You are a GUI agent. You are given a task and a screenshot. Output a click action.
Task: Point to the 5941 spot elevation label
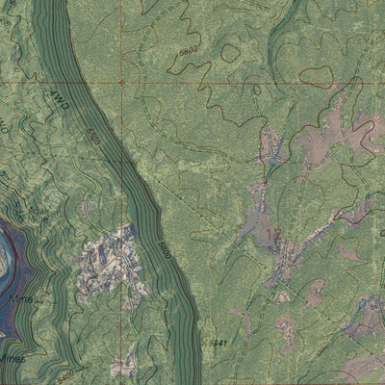[220, 343]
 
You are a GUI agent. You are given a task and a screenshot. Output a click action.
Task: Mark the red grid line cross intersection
[122, 84]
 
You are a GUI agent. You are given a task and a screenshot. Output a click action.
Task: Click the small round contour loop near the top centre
[229, 54]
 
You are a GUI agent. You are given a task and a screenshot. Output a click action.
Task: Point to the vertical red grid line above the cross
[122, 38]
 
